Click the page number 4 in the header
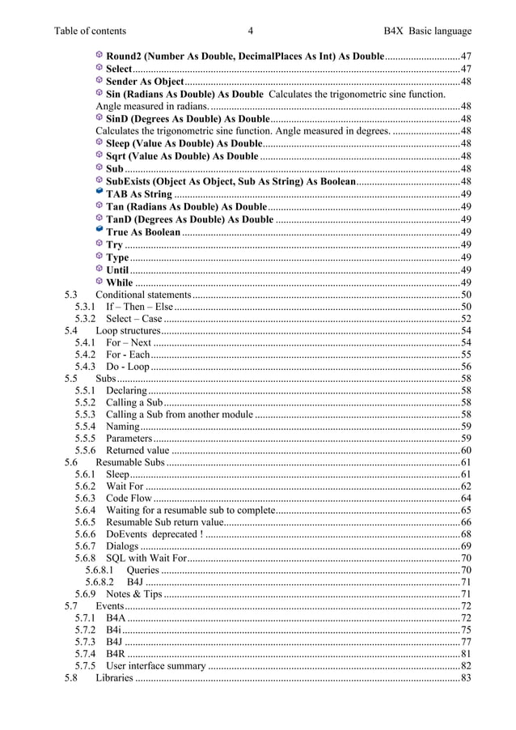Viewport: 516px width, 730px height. [252, 31]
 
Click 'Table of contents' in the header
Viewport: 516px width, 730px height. [90, 31]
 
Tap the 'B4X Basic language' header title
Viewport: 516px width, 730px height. [428, 31]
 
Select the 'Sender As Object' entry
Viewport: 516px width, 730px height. [145, 82]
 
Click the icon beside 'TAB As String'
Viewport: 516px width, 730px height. [99, 194]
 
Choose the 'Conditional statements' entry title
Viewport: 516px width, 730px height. [143, 295]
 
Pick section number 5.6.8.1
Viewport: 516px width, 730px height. [102, 570]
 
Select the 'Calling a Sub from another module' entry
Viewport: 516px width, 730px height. [179, 414]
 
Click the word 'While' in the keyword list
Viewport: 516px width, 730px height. [120, 282]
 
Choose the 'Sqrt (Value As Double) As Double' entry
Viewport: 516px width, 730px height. [182, 156]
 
